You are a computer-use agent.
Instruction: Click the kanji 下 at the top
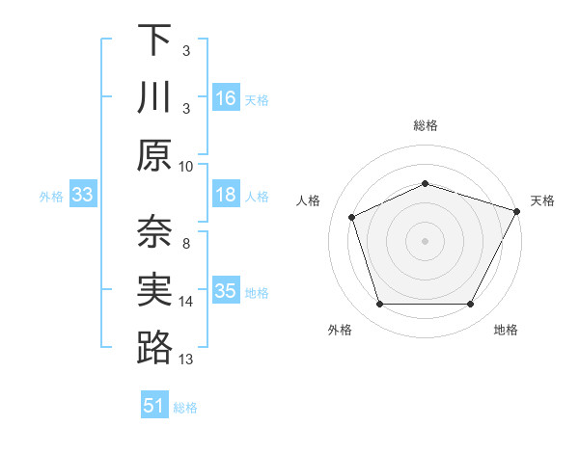[154, 40]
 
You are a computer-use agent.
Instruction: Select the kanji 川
[154, 98]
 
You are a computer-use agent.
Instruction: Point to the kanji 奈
[154, 232]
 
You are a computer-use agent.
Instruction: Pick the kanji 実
[154, 290]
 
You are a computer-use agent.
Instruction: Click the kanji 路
[154, 348]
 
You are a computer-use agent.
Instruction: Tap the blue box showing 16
[226, 98]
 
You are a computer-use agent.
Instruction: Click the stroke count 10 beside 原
[186, 165]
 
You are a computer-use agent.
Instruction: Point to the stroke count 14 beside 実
[186, 302]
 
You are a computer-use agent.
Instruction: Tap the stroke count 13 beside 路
[186, 360]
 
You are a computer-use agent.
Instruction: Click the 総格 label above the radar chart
[425, 125]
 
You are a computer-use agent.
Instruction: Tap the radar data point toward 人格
[352, 218]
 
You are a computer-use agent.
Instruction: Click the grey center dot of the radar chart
[425, 241]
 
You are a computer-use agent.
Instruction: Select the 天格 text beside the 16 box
[257, 99]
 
